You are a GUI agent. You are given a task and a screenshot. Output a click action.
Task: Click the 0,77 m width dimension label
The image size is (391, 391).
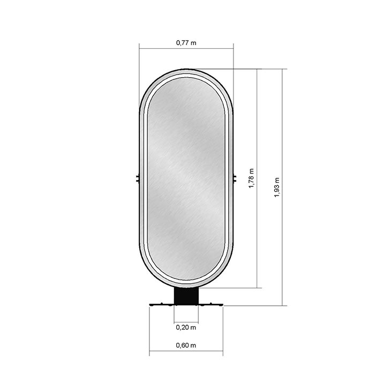click(186, 43)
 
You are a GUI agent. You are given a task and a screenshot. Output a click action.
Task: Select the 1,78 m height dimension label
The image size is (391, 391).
click(251, 178)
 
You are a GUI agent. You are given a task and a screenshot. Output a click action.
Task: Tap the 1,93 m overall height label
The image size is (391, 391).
click(277, 187)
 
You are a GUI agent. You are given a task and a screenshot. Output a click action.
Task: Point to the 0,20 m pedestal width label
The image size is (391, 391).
click(186, 327)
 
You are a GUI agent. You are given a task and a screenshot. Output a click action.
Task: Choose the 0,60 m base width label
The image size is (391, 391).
click(186, 345)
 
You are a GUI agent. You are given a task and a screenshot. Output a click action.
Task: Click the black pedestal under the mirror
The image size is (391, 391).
click(186, 296)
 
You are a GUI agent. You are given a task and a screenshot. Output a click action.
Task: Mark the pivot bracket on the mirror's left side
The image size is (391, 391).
click(138, 178)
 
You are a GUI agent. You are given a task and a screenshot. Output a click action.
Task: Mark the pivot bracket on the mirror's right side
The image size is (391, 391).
click(235, 178)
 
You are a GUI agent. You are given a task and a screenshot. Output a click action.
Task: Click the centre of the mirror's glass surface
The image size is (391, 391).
click(186, 178)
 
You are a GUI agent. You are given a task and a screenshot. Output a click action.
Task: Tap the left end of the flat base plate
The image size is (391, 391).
click(149, 305)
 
